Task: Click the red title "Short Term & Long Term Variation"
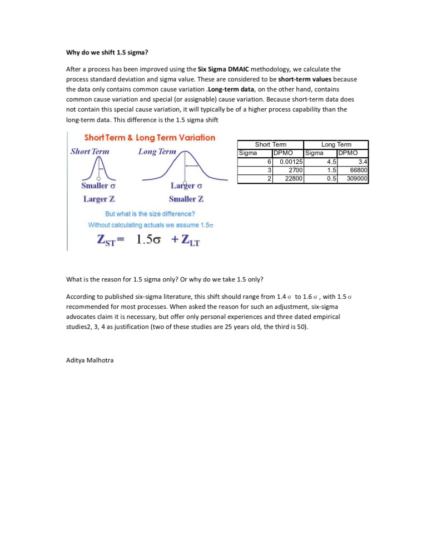pyautogui.click(x=150, y=138)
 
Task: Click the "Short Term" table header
pyautogui.click(x=270, y=144)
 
